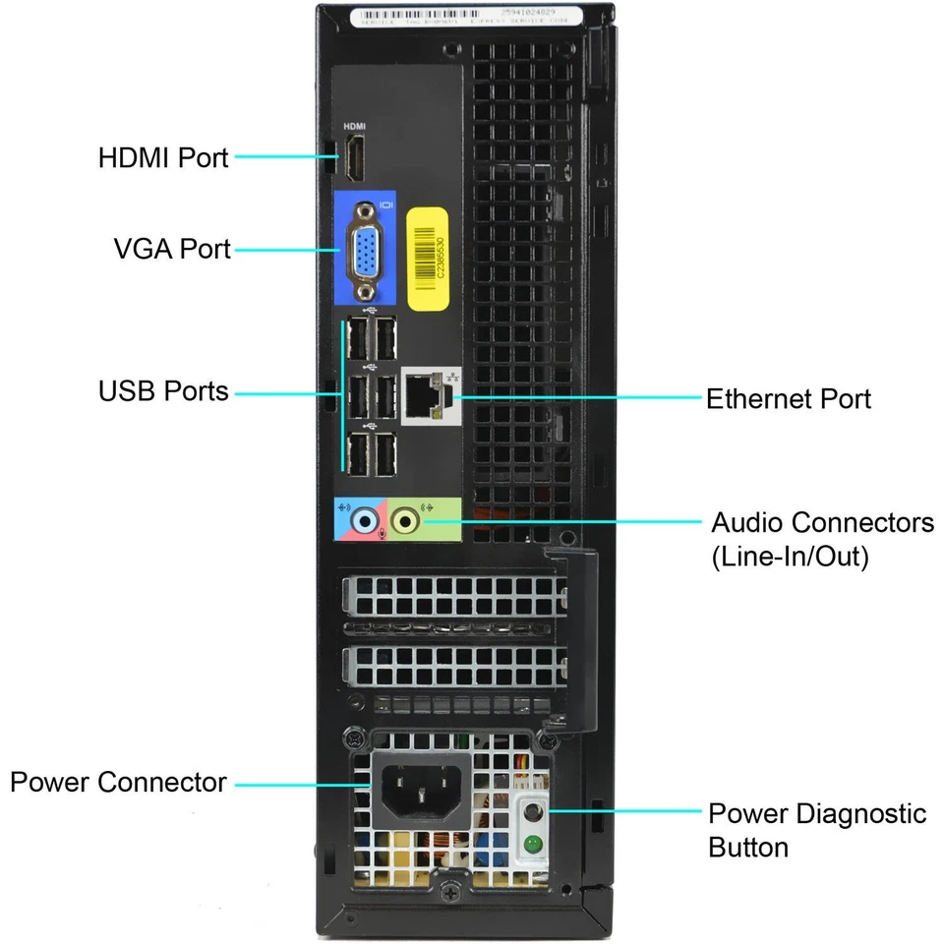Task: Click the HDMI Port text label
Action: point(163,157)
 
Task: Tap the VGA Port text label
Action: point(171,249)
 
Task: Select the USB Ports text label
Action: point(163,391)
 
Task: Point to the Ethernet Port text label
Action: point(789,398)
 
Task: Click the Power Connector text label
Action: point(118,783)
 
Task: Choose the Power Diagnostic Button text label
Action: point(817,830)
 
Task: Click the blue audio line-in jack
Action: point(366,519)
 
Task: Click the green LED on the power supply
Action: point(532,843)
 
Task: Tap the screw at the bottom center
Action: point(449,893)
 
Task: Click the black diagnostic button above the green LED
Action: point(532,813)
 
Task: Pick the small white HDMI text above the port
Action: point(353,127)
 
